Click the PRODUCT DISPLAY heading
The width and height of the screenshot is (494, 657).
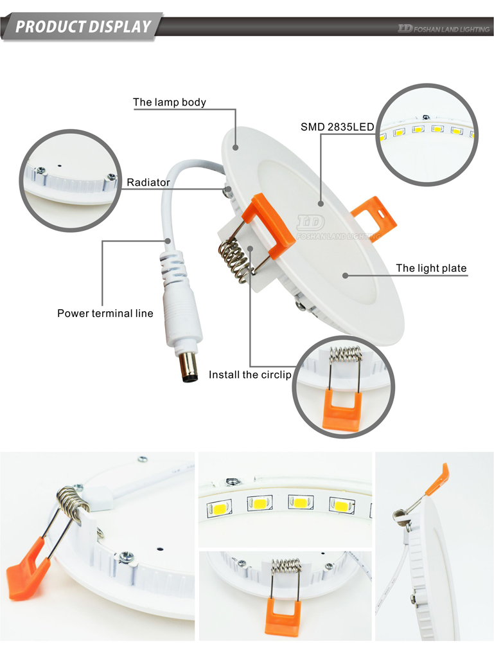[83, 27]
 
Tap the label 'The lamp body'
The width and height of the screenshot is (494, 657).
[170, 102]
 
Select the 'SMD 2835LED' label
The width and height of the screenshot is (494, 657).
[337, 127]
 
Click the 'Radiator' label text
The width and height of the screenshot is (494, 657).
[148, 183]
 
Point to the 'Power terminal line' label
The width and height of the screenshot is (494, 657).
[105, 314]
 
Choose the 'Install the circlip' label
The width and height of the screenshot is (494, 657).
[250, 375]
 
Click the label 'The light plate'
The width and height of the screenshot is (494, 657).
[431, 268]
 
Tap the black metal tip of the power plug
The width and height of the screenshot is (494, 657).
[189, 368]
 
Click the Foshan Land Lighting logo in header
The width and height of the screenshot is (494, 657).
[443, 28]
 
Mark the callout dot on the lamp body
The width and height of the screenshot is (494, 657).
[236, 147]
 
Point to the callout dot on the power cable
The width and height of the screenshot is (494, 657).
[168, 241]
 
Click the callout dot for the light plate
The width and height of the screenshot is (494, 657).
[346, 276]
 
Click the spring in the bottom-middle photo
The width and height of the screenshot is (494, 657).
[287, 566]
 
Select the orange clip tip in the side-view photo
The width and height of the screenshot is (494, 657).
[437, 479]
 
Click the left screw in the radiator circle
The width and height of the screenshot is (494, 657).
[41, 170]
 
